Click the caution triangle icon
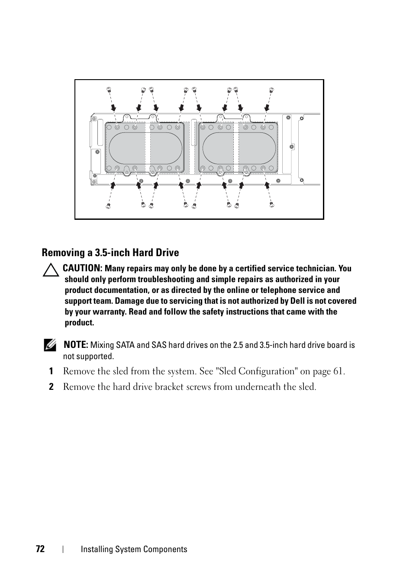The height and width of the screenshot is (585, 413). (x=51, y=270)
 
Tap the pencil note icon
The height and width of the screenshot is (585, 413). (x=50, y=345)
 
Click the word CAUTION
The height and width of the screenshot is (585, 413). (x=82, y=268)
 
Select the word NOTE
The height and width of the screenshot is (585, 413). (x=76, y=345)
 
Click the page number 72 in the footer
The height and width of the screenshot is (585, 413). (x=40, y=549)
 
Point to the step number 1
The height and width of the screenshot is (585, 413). (x=51, y=371)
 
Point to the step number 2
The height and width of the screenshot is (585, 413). (x=51, y=387)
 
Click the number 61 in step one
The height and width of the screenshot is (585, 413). (x=339, y=371)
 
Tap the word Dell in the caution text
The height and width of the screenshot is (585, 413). (x=297, y=301)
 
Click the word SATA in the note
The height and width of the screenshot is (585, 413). (x=125, y=345)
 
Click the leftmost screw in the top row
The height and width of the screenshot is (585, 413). (x=109, y=90)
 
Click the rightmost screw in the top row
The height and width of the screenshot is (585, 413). (x=271, y=90)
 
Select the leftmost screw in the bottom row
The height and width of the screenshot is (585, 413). (x=108, y=206)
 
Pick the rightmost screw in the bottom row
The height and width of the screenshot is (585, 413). (x=272, y=205)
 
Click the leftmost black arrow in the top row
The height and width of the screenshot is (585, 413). (x=113, y=107)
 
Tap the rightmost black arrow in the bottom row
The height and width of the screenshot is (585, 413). (x=267, y=185)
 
